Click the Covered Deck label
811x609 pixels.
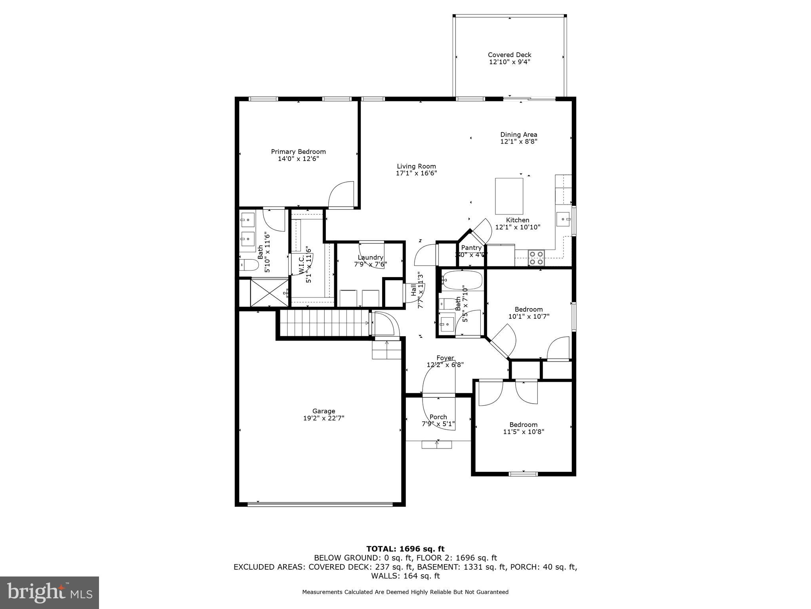pyautogui.click(x=509, y=55)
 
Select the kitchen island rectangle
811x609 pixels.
pyautogui.click(x=509, y=196)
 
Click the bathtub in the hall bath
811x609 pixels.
pyautogui.click(x=462, y=280)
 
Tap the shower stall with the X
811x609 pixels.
pyautogui.click(x=269, y=293)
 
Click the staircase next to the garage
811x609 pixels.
pyautogui.click(x=324, y=323)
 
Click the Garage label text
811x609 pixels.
pyautogui.click(x=324, y=411)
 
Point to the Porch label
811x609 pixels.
pyautogui.click(x=438, y=417)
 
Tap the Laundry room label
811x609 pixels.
pyautogui.click(x=370, y=257)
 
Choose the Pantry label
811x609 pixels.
pyautogui.click(x=471, y=248)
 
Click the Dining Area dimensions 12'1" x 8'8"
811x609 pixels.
pyautogui.click(x=518, y=142)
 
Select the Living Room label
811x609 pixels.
pyautogui.click(x=416, y=167)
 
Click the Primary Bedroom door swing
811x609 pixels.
pyautogui.click(x=342, y=194)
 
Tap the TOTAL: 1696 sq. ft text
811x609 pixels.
pyautogui.click(x=405, y=549)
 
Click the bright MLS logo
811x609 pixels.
pyautogui.click(x=49, y=592)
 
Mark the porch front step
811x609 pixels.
pyautogui.click(x=436, y=444)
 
